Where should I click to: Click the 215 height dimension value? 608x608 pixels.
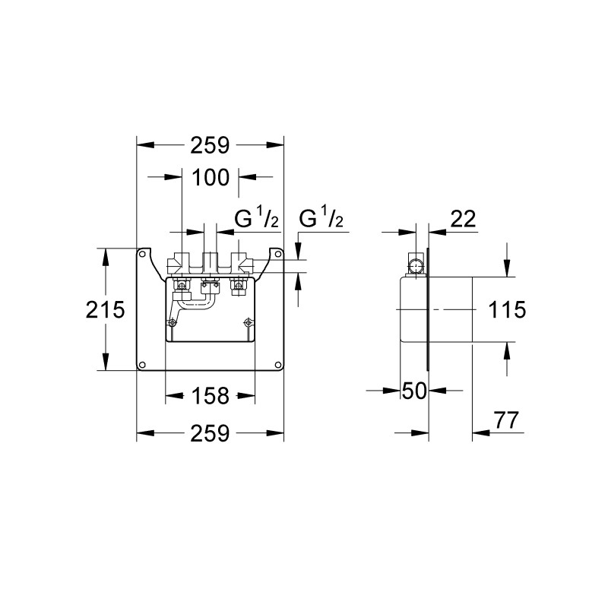tap(105, 309)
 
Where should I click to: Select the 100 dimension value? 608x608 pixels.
tap(211, 178)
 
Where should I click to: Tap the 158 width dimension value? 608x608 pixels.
tap(211, 396)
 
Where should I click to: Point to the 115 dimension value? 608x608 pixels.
tap(507, 309)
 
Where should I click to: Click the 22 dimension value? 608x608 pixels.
tap(463, 219)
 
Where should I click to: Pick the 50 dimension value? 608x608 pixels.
tap(414, 391)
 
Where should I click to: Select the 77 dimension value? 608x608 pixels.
tap(505, 420)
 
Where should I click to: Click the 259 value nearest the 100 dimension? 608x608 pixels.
tap(211, 145)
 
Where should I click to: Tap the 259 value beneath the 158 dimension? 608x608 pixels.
tap(211, 433)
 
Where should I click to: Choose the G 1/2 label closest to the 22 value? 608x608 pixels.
tap(321, 219)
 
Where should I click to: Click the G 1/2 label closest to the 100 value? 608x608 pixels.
tap(256, 219)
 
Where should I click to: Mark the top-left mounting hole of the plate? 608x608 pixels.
tap(142, 255)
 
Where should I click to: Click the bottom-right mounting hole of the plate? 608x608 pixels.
tap(278, 365)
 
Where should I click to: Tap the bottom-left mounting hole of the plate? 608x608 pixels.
tap(142, 365)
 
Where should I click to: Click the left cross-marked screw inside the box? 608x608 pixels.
tap(170, 321)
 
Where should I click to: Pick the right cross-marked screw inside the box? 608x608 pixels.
tap(247, 321)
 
